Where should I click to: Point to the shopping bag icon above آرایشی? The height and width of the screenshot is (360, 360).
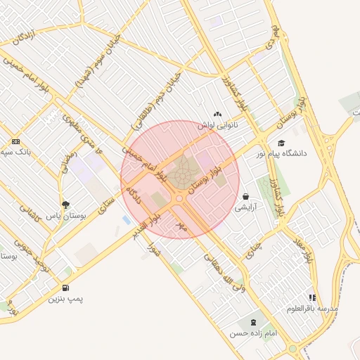[x=246, y=196]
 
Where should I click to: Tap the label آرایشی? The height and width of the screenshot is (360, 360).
[x=247, y=207]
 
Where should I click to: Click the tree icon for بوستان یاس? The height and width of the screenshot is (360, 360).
[x=65, y=205]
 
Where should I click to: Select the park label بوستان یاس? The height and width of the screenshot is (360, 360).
[x=65, y=216]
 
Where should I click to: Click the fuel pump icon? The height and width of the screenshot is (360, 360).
[x=65, y=288]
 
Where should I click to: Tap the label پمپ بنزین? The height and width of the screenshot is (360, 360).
[x=65, y=299]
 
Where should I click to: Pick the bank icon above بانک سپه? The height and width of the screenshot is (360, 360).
[x=15, y=141]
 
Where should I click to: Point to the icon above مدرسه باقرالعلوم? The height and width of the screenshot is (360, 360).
[x=312, y=297]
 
